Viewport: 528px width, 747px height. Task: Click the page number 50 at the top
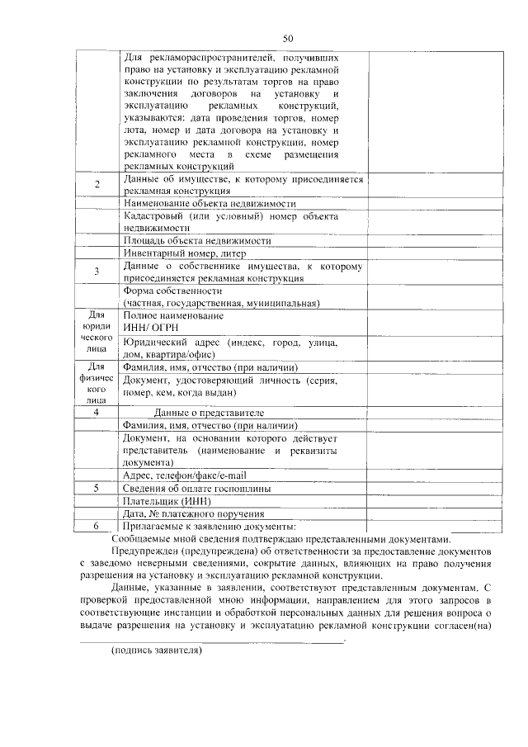coord(288,38)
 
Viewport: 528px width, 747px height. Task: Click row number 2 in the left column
coord(97,184)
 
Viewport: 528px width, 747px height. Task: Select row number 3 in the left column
coord(97,271)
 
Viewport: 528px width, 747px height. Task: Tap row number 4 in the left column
coord(97,412)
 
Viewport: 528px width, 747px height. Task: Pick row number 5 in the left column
coord(97,488)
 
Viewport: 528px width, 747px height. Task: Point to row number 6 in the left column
coord(97,526)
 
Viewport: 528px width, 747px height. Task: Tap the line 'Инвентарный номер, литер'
coord(185,253)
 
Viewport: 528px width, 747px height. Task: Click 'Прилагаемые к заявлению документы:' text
coord(208,526)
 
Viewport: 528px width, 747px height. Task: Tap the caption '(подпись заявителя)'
coord(157,650)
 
